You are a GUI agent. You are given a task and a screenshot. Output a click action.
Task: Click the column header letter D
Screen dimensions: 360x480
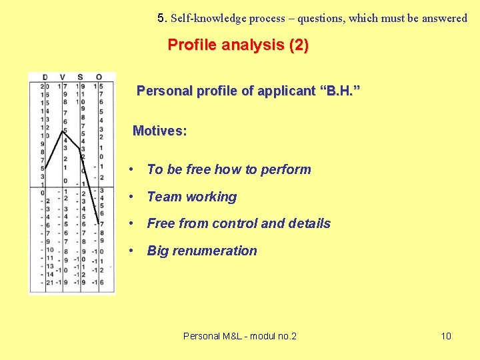point(44,77)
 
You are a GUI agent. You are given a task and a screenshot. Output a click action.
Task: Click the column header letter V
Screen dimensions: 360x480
point(63,77)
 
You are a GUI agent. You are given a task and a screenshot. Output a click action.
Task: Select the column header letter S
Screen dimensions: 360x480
point(80,77)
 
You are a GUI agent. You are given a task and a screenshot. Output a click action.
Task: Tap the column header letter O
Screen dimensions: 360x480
point(99,77)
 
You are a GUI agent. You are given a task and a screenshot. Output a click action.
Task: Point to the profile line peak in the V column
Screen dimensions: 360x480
point(65,129)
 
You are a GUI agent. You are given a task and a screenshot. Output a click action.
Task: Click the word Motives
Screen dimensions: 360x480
point(157,131)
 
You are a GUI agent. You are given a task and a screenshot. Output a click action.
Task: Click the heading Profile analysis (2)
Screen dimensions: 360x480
point(238,45)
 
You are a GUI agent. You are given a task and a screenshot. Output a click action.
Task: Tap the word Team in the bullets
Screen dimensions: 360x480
point(164,197)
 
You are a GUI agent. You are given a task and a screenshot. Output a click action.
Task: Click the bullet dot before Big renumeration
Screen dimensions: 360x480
point(135,251)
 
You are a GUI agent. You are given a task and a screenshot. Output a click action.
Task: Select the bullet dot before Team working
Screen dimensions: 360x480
point(135,197)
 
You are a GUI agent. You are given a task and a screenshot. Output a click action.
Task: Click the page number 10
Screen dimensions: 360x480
point(446,335)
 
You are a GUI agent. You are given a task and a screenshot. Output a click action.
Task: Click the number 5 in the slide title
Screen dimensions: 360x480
point(161,18)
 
